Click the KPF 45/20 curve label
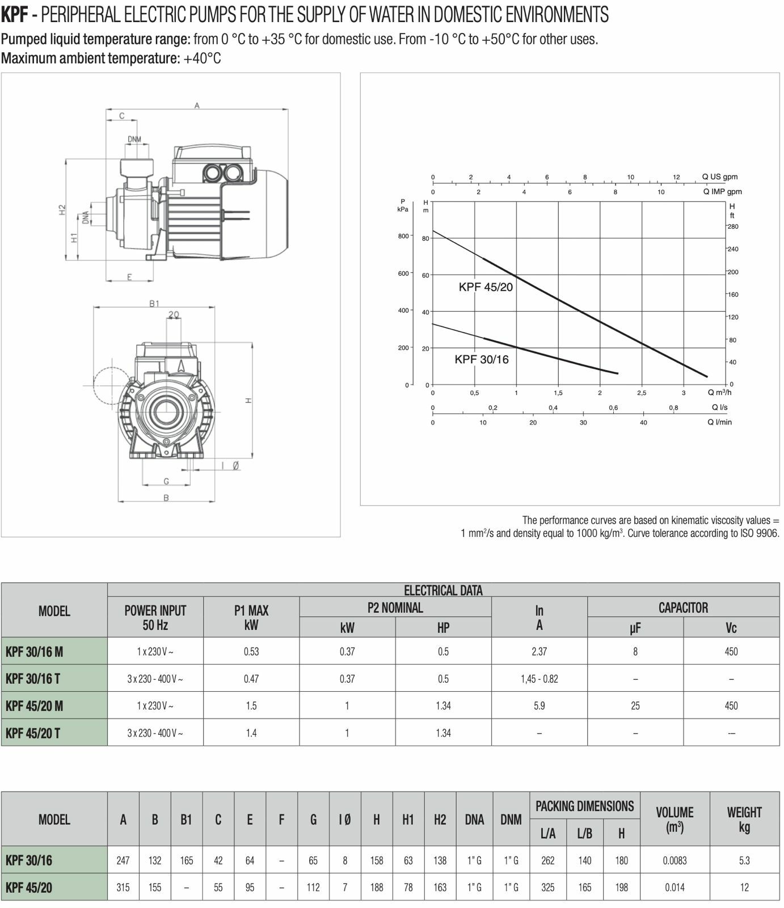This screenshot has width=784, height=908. click(x=485, y=287)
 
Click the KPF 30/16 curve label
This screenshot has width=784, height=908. click(x=481, y=359)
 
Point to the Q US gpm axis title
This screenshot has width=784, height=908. click(x=719, y=177)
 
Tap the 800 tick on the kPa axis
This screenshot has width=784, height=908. click(x=403, y=236)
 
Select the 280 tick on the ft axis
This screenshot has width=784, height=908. click(x=733, y=226)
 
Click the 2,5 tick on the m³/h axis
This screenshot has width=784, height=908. click(x=642, y=393)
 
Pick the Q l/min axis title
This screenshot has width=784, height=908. click(x=719, y=422)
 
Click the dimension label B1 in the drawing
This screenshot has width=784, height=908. click(x=154, y=304)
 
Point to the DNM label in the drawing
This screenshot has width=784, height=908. click(x=134, y=139)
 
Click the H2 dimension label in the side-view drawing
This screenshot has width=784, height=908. click(x=62, y=209)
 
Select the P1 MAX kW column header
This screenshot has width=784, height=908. click(x=251, y=617)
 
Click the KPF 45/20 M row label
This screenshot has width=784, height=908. click(x=34, y=706)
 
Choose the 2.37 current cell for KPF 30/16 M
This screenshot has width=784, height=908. click(x=539, y=651)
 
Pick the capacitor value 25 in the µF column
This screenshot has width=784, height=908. click(x=635, y=706)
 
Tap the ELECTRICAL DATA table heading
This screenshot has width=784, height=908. click(x=442, y=590)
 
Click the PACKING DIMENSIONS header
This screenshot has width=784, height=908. click(x=584, y=806)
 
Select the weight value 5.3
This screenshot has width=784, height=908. click(x=744, y=860)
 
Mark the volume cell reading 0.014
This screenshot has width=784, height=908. click(x=675, y=888)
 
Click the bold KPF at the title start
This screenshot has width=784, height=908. click(x=15, y=14)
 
